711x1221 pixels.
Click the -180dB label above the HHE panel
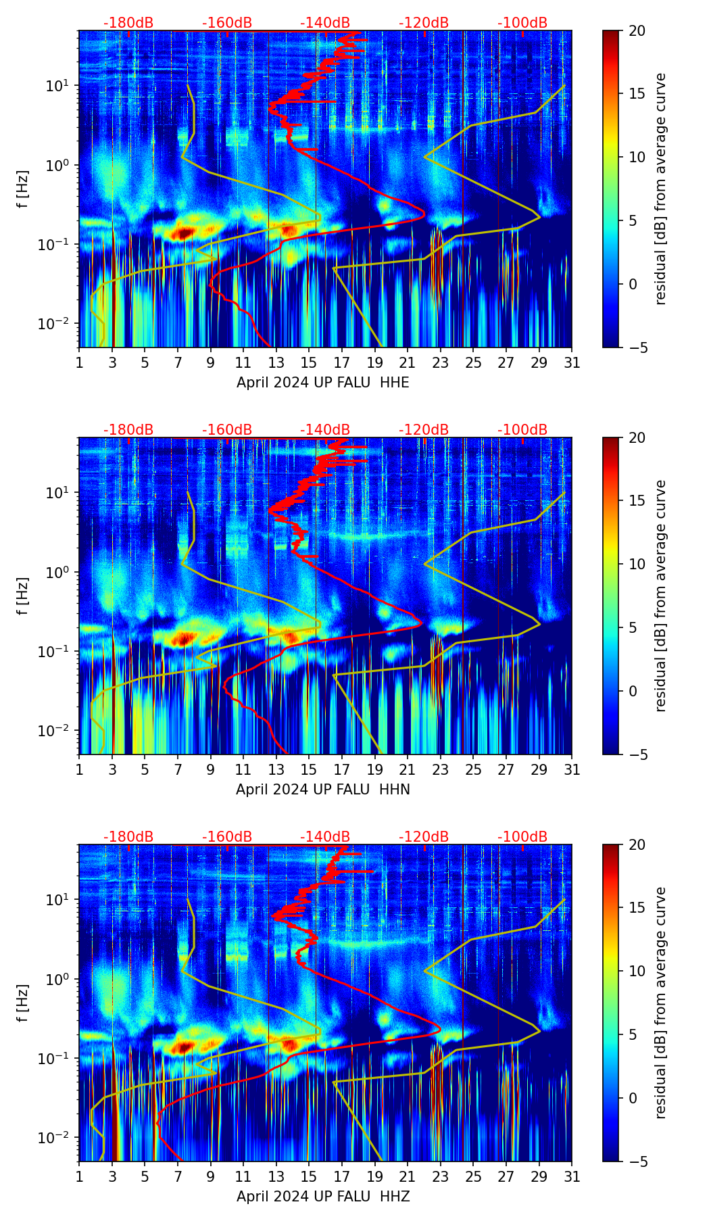(x=128, y=23)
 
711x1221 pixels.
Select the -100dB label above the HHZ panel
(x=522, y=837)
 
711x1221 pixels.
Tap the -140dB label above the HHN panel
(x=325, y=430)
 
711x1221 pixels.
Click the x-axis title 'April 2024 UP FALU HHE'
(x=323, y=383)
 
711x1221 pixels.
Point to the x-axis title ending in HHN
(x=323, y=790)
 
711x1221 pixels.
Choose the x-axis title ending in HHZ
(x=323, y=1197)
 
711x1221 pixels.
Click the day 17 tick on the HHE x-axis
(x=342, y=362)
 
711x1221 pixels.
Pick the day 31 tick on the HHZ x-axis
(x=572, y=1176)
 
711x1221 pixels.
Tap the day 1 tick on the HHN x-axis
(x=80, y=769)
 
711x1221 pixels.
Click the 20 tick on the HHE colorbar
(x=637, y=31)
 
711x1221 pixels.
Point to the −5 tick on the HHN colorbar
(x=637, y=755)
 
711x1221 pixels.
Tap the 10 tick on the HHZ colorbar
(x=637, y=971)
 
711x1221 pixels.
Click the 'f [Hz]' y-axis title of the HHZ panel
(x=24, y=1003)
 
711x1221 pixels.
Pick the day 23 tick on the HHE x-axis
(x=441, y=362)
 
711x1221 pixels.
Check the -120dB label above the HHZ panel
(x=424, y=837)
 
